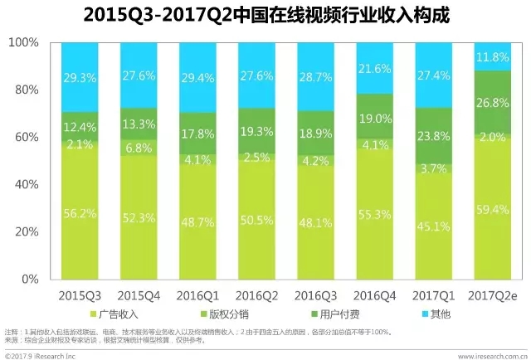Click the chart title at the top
[x=265, y=15]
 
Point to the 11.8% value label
[x=493, y=57]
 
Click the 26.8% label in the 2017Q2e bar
[x=493, y=104]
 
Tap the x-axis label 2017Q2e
[x=493, y=295]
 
